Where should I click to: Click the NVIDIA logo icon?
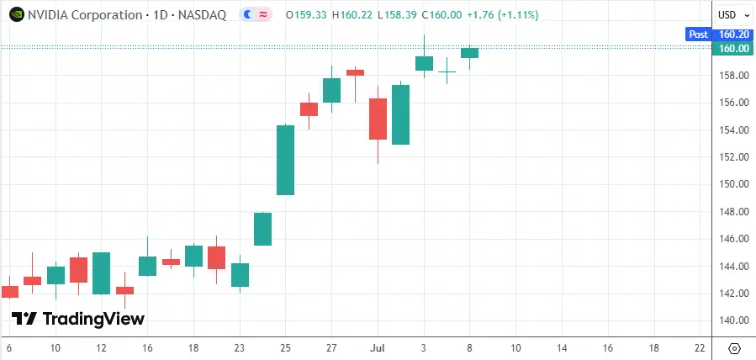15,14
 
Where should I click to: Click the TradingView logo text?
77,319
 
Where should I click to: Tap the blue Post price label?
698,34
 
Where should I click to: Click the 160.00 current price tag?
734,49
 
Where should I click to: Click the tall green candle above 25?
285,160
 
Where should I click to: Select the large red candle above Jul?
378,119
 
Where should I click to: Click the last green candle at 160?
469,53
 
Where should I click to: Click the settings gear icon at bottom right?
734,348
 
